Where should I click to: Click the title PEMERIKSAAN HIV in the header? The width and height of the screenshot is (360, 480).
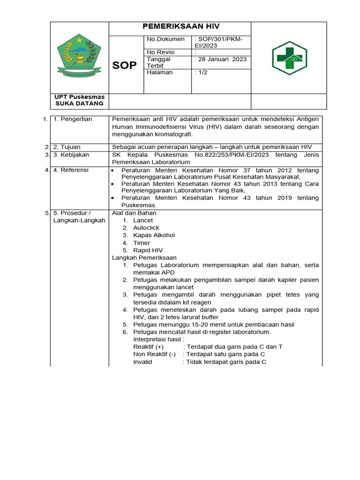(181, 27)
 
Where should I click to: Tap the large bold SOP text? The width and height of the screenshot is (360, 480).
(125, 65)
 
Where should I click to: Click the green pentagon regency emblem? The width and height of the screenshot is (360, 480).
(79, 58)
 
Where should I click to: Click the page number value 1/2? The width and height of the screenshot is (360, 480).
(202, 73)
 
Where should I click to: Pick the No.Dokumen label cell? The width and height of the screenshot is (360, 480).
(166, 39)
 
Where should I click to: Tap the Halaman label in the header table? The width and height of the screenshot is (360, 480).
(160, 73)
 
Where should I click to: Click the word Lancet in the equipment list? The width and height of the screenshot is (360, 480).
(143, 220)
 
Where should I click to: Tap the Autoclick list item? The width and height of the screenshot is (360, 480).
(146, 228)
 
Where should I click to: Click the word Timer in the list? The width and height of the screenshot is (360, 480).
(142, 243)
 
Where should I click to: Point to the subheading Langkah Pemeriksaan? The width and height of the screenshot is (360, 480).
(144, 258)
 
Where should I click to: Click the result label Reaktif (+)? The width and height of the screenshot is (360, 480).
(148, 347)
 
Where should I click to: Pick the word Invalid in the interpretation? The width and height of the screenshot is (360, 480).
(142, 362)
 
